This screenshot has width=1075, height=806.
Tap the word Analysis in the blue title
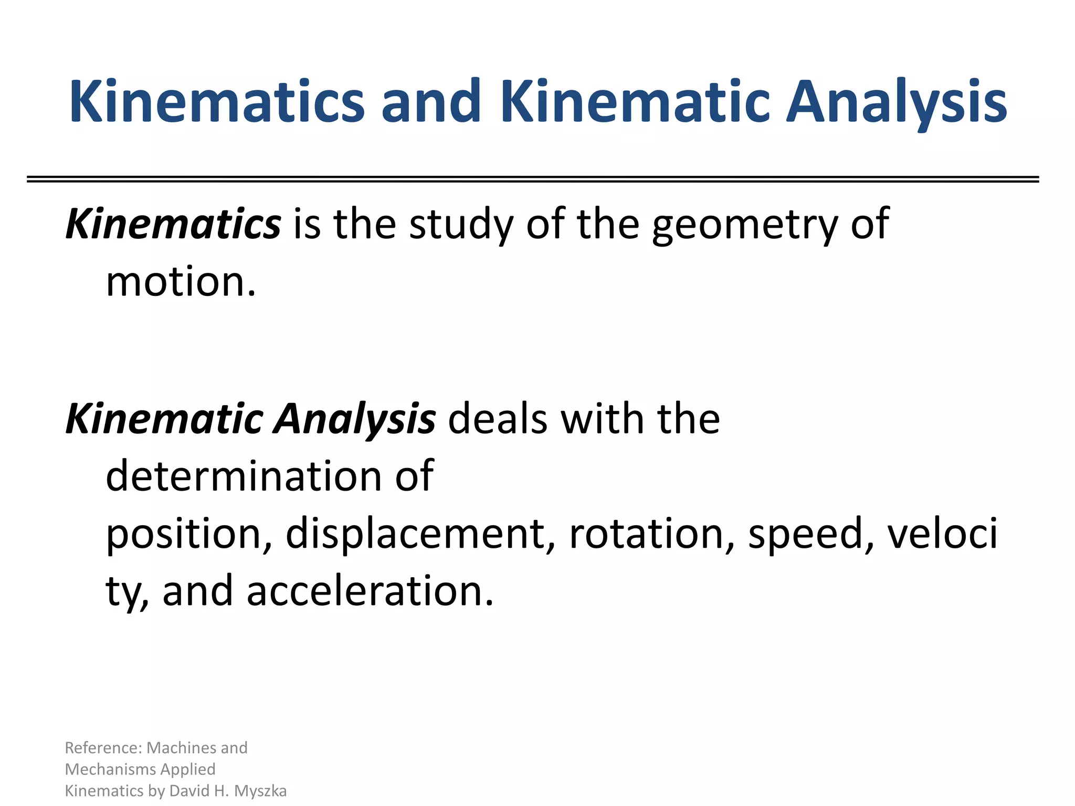click(x=896, y=102)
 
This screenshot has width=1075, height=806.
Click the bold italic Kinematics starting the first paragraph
click(x=173, y=224)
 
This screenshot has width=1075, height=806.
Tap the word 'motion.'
click(x=181, y=282)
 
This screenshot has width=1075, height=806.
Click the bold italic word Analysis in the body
click(x=355, y=420)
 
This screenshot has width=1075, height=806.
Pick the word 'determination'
click(x=244, y=476)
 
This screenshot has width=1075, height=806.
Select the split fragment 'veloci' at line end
click(x=942, y=534)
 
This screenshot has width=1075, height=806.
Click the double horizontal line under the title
click(x=533, y=179)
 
